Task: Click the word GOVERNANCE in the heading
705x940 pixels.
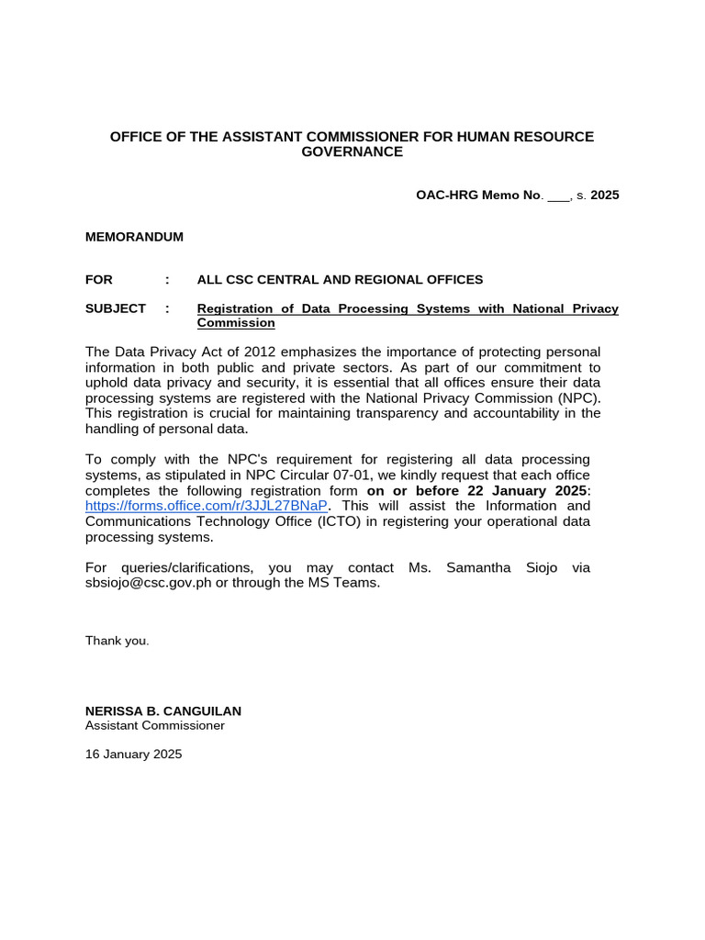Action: pyautogui.click(x=352, y=151)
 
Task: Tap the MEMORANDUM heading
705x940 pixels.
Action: pyautogui.click(x=134, y=237)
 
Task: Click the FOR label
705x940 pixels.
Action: pyautogui.click(x=99, y=279)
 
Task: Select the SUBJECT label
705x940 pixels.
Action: pyautogui.click(x=116, y=308)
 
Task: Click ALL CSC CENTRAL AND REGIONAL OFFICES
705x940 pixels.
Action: pyautogui.click(x=340, y=279)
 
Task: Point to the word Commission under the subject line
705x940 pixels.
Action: pyautogui.click(x=236, y=323)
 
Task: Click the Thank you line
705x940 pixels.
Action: pyautogui.click(x=117, y=641)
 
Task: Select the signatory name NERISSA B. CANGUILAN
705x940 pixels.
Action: pyautogui.click(x=163, y=711)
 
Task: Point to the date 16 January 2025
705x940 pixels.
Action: pyautogui.click(x=133, y=755)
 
